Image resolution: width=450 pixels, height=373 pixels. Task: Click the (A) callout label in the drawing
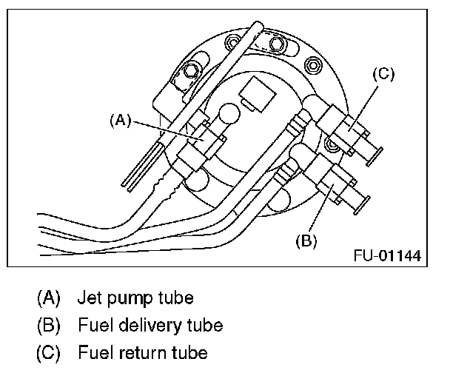coord(120,118)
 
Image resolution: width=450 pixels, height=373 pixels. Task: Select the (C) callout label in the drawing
coord(383,74)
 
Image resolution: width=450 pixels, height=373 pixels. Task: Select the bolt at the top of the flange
coord(276,46)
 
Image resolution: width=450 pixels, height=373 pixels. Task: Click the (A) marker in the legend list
coord(48,298)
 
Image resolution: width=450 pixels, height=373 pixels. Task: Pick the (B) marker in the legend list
coord(48,325)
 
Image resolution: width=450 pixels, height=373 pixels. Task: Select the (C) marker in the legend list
coord(48,352)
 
